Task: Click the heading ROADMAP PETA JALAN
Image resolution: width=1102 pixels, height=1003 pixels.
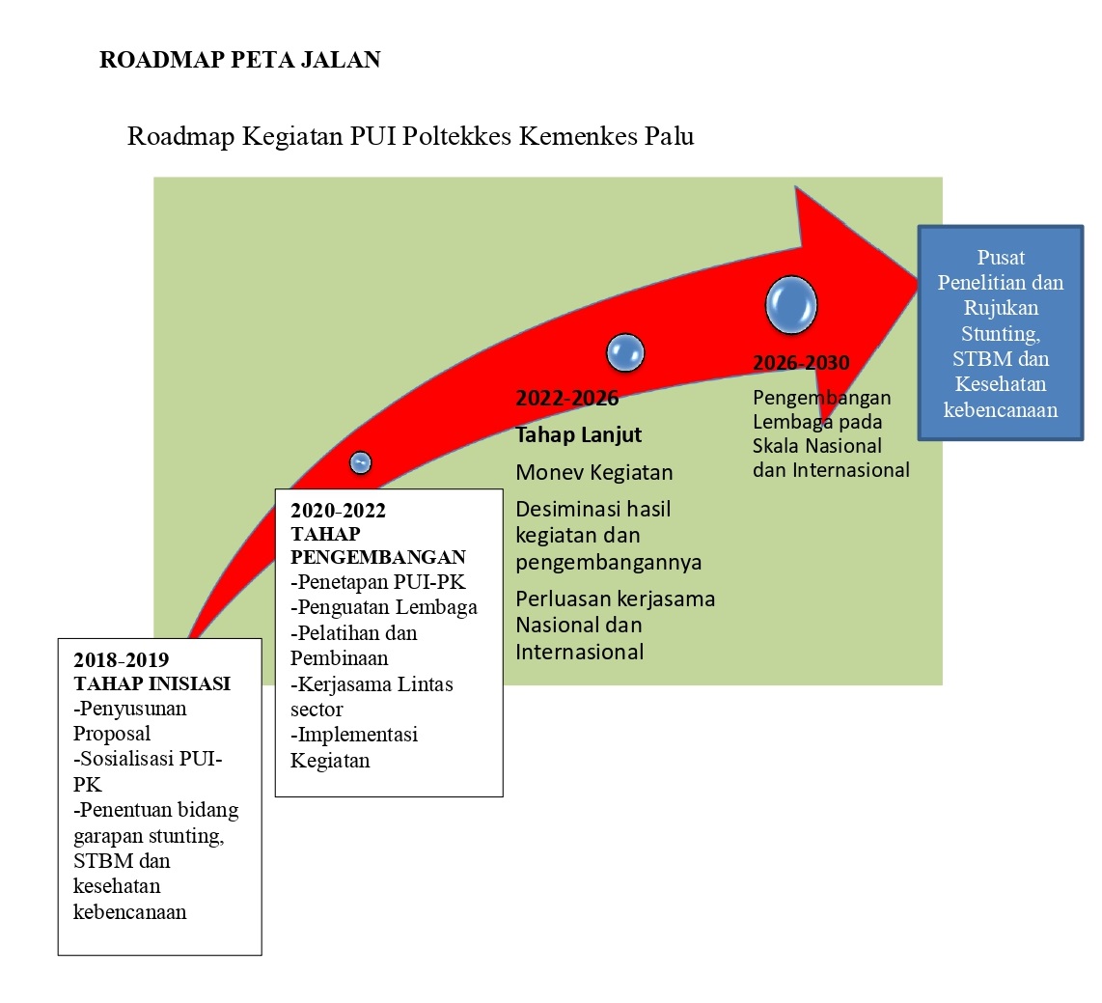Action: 239,60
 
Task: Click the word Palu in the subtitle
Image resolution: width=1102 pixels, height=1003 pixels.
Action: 667,136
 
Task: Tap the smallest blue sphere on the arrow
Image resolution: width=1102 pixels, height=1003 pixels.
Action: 360,463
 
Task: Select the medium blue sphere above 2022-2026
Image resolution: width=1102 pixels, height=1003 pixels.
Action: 624,353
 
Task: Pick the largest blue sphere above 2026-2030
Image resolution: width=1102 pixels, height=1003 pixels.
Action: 791,304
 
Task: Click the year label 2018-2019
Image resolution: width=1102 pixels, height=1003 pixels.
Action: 122,660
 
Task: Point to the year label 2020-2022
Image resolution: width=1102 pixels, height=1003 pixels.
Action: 338,511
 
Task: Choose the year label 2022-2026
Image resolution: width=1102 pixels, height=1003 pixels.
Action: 566,399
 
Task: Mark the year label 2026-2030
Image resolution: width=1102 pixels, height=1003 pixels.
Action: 801,364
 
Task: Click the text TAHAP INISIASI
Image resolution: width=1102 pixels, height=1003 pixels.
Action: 152,683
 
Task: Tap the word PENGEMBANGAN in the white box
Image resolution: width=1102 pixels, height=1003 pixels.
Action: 378,557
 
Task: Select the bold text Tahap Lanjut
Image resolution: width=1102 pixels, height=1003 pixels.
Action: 578,434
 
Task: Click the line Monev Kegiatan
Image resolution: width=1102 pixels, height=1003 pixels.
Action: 594,472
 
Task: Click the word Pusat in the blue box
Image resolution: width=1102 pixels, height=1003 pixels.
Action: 1000,258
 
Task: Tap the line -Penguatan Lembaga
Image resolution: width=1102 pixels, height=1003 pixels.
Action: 384,607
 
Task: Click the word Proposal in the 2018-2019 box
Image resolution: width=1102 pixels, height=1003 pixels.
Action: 112,734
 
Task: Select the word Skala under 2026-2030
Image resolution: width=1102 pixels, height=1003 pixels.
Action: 777,446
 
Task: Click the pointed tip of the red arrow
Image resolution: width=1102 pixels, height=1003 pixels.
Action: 917,275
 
